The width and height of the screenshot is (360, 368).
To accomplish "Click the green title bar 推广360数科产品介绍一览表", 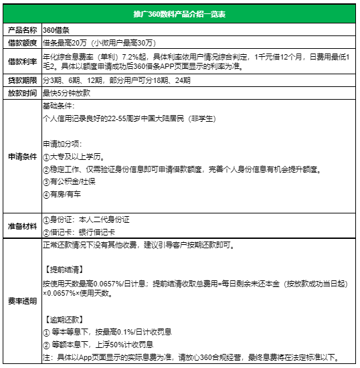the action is (x=180, y=14).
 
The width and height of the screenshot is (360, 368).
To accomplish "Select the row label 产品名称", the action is (x=20, y=30).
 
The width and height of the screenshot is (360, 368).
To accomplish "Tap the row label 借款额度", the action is (x=20, y=42).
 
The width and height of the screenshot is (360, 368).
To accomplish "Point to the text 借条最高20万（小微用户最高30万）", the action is (x=100, y=42).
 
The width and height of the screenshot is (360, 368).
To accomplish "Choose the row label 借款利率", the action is (x=20, y=61).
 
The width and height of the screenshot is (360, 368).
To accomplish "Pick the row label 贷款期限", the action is (x=20, y=80).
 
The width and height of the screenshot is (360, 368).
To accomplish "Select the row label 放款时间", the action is (x=20, y=94).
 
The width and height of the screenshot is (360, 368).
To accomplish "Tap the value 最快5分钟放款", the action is (x=66, y=94).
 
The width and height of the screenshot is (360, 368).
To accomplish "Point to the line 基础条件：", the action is (x=55, y=106).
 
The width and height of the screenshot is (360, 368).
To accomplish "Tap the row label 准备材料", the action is (x=20, y=225).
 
